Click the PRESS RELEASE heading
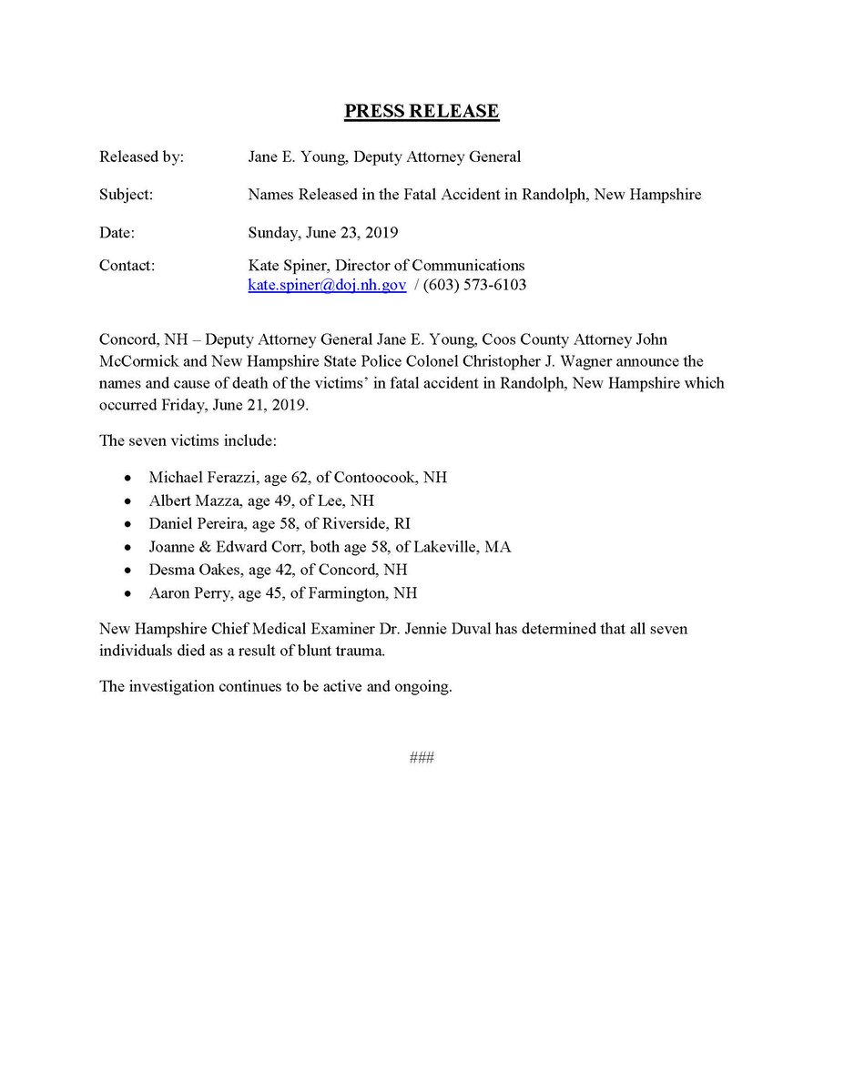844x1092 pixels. tap(422, 112)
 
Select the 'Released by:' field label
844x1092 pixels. tap(141, 157)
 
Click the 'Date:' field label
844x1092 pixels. tap(117, 233)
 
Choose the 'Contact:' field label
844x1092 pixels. tap(127, 266)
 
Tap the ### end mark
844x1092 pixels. tap(422, 757)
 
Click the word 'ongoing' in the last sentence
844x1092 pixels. tap(424, 686)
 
